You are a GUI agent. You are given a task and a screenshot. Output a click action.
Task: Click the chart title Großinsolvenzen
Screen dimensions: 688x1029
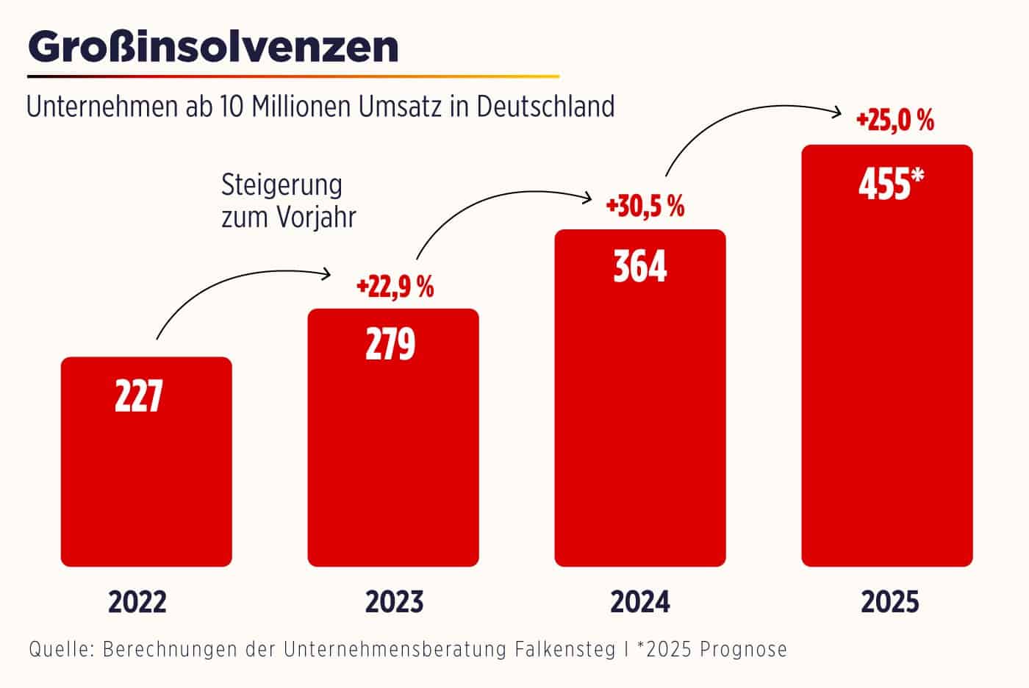[x=213, y=47]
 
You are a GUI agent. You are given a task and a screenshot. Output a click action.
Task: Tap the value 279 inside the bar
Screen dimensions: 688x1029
[x=390, y=344]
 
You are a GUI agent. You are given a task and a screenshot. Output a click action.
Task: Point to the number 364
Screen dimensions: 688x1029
[x=639, y=266]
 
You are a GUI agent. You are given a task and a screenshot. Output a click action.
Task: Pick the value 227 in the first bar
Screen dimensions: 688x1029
[x=138, y=396]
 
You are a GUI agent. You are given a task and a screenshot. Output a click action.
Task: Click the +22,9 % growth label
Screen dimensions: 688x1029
[x=395, y=287]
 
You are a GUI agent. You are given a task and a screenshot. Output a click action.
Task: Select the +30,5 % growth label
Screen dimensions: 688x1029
[x=645, y=207]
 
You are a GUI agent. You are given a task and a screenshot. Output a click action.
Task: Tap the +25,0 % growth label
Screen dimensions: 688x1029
[x=894, y=121]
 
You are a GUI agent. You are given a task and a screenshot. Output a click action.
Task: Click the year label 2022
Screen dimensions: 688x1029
[x=137, y=602]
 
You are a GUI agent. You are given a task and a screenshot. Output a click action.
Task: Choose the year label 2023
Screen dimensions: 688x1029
[x=395, y=602]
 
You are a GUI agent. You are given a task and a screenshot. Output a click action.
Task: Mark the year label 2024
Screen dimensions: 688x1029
[x=640, y=602]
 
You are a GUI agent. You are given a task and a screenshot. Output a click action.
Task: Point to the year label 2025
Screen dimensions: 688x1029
[x=890, y=602]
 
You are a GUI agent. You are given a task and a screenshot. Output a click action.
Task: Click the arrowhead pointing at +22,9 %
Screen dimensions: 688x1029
[x=328, y=274]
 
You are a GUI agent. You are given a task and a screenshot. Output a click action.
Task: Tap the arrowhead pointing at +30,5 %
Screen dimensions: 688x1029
[x=589, y=197]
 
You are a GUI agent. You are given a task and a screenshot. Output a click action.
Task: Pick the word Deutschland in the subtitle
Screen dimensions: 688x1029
[x=545, y=106]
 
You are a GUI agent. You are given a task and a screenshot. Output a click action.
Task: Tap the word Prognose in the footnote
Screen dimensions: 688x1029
[x=743, y=650]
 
